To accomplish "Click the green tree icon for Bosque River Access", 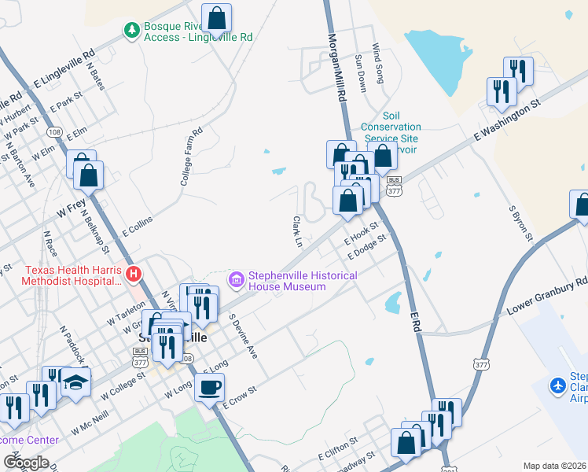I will pos(132,29).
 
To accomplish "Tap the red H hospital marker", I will pos(134,274).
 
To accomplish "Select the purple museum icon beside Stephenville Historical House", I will pos(236,279).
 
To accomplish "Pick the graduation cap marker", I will pos(76,382).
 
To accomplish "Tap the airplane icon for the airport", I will pos(558,385).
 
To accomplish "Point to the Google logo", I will pos(26,463).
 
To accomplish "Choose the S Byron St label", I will pos(521,223).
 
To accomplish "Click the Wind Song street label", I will pos(378,64).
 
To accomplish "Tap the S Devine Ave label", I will pos(243,337).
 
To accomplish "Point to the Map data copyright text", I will pos(554,466).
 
